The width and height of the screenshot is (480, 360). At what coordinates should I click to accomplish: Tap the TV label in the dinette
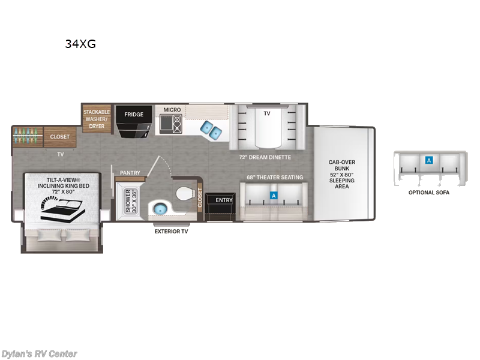(x=268, y=112)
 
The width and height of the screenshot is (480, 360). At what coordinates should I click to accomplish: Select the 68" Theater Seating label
(x=274, y=177)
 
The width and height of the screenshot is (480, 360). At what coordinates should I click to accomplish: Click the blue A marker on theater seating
(x=274, y=195)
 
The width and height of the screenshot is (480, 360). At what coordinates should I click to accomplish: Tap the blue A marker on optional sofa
(x=428, y=160)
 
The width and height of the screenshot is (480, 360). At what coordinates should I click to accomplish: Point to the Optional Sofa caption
(x=428, y=193)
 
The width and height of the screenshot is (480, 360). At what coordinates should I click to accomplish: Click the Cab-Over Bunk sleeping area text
(x=341, y=174)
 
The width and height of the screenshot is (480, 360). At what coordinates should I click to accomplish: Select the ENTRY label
(x=224, y=200)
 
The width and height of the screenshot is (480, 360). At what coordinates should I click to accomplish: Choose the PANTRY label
(x=130, y=173)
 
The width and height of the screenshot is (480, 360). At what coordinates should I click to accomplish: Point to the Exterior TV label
(x=171, y=231)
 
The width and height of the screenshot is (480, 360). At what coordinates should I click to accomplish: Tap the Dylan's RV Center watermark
(x=39, y=353)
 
